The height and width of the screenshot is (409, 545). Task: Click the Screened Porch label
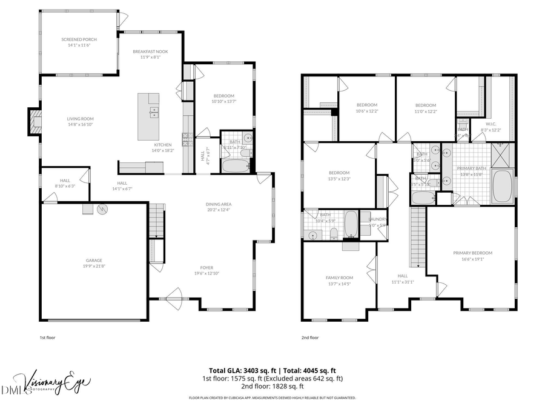point(79,39)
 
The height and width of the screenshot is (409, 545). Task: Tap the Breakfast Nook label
point(150,52)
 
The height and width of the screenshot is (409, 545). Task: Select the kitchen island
point(148,116)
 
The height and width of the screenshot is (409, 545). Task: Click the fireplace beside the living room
point(35,122)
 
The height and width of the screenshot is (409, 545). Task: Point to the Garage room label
point(93,260)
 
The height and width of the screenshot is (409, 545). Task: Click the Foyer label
point(207,267)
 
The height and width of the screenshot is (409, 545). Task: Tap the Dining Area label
point(219,204)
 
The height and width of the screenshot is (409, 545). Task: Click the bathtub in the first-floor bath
point(235,165)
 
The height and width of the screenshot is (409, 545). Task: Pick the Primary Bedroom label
point(472,253)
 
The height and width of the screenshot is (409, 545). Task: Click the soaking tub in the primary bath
point(503,187)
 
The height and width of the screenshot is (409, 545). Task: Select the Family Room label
point(339,278)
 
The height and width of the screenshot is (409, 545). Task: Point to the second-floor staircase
point(417,236)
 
